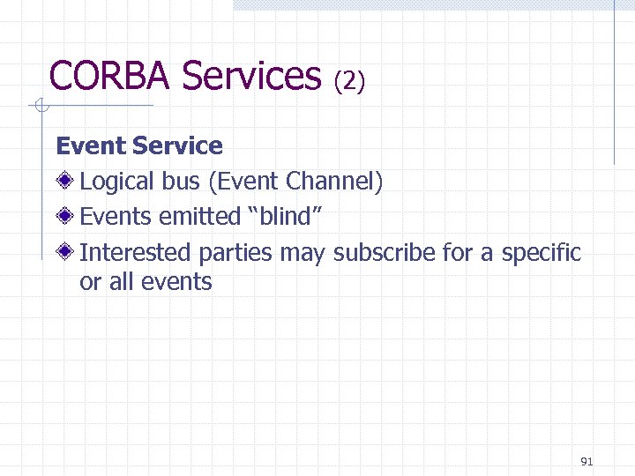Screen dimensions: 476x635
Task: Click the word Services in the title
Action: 251,76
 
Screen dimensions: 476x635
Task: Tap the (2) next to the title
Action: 349,81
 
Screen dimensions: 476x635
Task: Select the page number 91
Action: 587,461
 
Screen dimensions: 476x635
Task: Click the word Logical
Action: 117,182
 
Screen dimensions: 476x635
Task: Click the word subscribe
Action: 385,253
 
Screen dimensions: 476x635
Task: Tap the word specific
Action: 542,253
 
